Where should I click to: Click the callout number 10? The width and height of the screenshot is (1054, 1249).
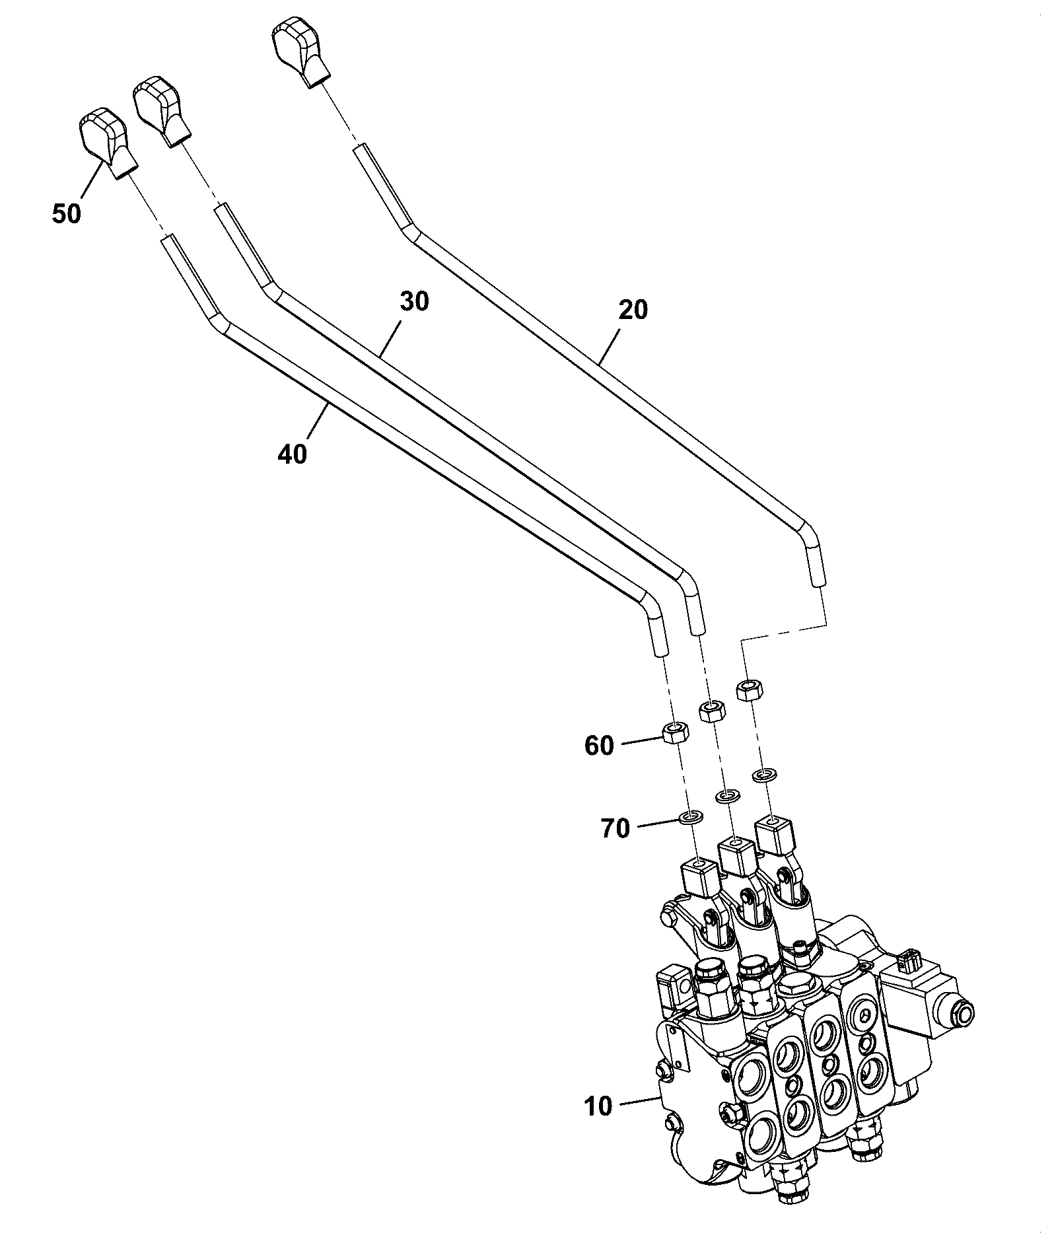[599, 1106]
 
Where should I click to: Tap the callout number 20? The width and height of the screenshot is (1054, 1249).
[633, 310]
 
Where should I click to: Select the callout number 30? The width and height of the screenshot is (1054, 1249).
[414, 301]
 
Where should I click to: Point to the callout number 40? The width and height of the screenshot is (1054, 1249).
[293, 454]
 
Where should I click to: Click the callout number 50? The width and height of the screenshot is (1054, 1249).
[67, 214]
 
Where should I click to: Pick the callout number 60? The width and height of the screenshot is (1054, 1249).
[599, 746]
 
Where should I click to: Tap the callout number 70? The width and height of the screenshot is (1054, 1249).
[615, 828]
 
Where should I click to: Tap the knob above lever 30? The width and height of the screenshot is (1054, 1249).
[161, 110]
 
